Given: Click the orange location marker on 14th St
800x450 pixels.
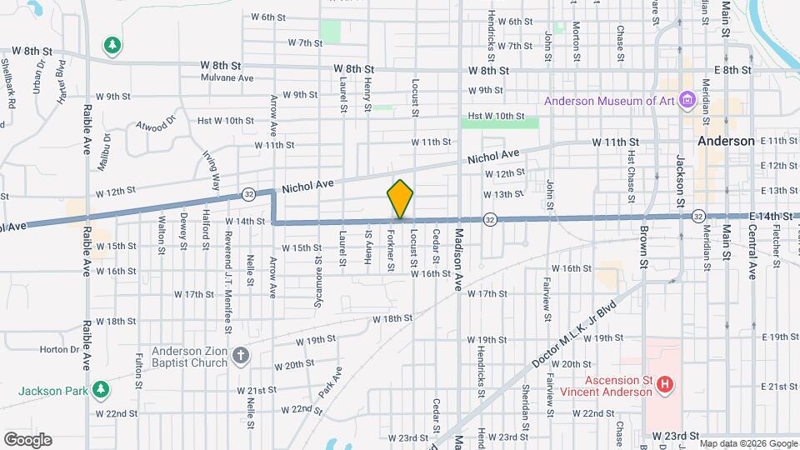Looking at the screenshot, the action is tap(400, 200).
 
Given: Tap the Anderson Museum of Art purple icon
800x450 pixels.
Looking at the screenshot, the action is tap(687, 101).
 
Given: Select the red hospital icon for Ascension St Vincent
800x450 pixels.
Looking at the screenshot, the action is tap(665, 384).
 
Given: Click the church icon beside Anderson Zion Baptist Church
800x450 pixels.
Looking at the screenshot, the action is tap(241, 356).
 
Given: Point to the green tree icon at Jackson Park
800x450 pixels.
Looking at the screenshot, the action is tap(101, 389).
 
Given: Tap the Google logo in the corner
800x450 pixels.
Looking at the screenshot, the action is tap(27, 440).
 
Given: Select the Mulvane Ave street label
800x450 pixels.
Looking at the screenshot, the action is tap(227, 77).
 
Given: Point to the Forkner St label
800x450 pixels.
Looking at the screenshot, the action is tap(390, 250).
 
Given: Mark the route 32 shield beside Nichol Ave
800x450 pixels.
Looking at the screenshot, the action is tap(249, 194).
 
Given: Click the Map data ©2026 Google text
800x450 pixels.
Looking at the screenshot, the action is tap(747, 443).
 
